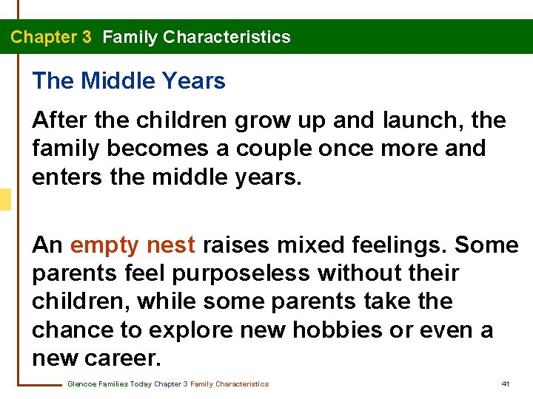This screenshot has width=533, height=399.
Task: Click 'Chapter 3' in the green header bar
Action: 51,37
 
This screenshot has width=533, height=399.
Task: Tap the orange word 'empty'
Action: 104,245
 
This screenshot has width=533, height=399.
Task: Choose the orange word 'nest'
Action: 171,245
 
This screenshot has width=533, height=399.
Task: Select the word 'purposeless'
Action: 240,273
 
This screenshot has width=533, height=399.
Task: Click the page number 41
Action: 506,384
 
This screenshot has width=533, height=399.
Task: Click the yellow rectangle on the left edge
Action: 5,199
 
